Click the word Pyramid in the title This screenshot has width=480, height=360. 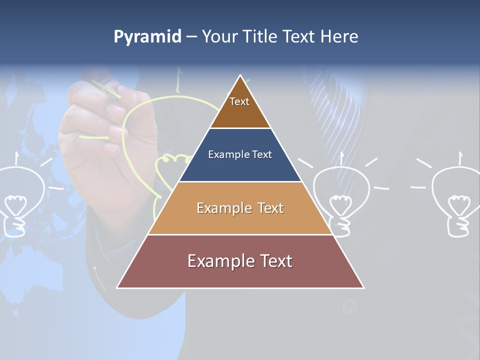(x=147, y=37)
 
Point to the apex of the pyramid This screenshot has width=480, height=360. (x=240, y=76)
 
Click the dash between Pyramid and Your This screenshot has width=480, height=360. (x=191, y=37)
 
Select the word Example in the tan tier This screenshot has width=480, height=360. (x=224, y=208)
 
